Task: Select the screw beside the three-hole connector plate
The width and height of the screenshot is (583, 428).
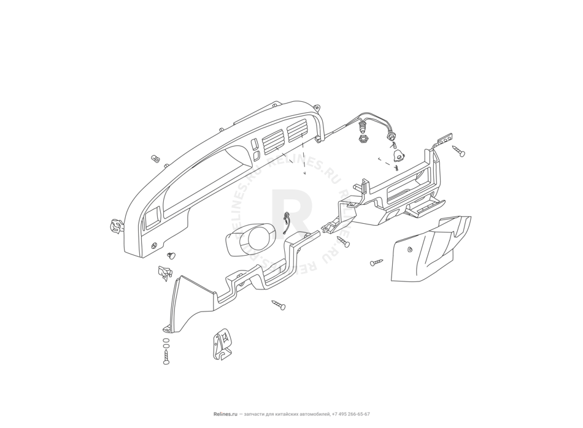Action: click(x=458, y=150)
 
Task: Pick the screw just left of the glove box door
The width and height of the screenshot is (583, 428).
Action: click(x=376, y=262)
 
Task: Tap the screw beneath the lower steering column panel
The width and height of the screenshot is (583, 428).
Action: click(x=279, y=305)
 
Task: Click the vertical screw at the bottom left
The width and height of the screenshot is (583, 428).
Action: click(x=166, y=357)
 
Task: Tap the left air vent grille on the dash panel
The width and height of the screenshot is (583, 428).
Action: click(x=272, y=145)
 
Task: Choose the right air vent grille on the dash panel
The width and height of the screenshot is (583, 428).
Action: click(x=297, y=129)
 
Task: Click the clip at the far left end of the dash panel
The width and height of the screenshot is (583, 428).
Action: click(x=115, y=227)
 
